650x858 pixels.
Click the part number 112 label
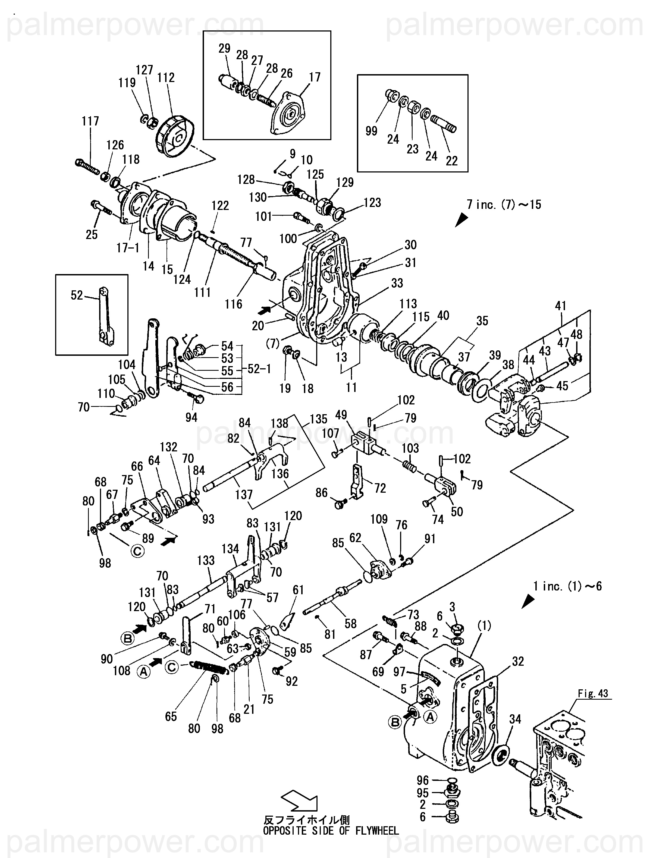tap(166, 78)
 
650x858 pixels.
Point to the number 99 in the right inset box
tap(371, 131)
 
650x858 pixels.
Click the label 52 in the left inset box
tap(77, 296)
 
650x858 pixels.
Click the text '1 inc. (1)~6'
tap(567, 586)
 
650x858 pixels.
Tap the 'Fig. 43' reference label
tap(593, 693)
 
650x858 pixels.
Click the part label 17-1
tap(128, 248)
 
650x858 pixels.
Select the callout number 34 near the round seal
tap(515, 719)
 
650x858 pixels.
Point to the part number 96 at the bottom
tap(422, 780)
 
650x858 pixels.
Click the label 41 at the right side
tap(560, 306)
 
